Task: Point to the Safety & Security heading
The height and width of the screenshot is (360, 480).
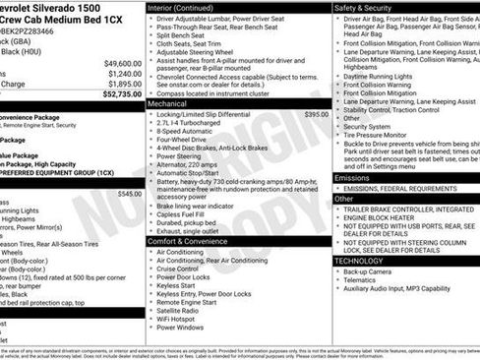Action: [369, 7]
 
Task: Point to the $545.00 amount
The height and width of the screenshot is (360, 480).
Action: [129, 194]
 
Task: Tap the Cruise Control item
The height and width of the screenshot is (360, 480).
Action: [178, 269]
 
